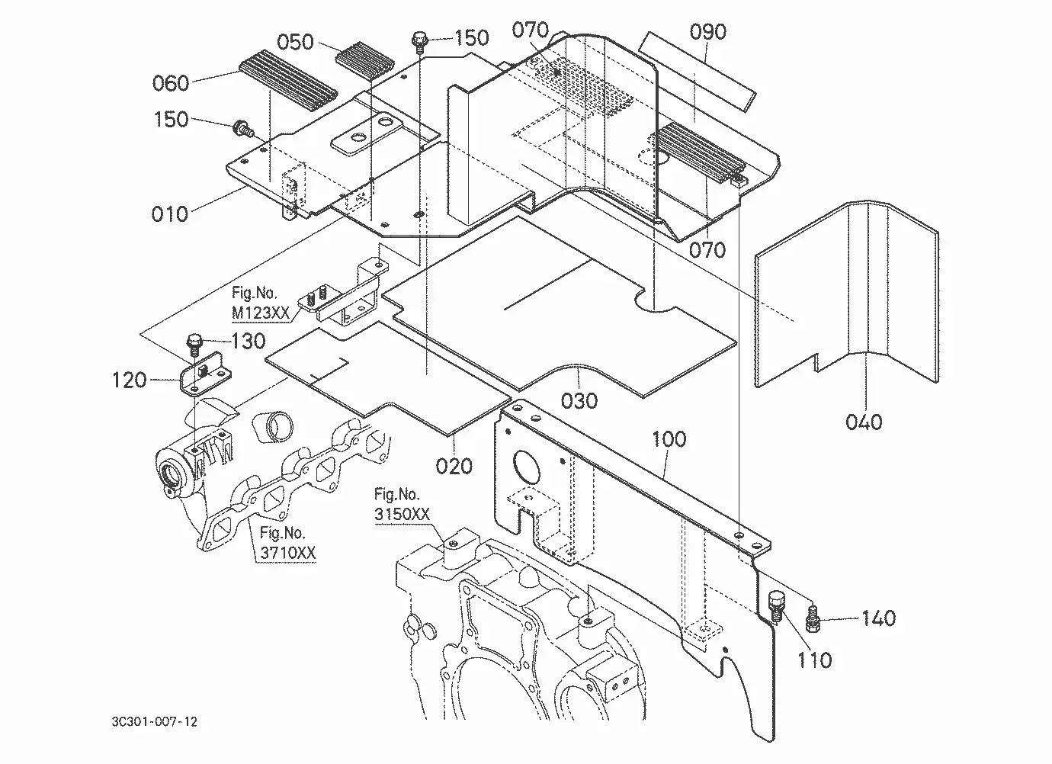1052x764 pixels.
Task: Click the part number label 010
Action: click(x=169, y=214)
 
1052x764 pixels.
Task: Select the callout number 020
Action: click(x=454, y=466)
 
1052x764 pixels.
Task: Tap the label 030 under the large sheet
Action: click(x=579, y=401)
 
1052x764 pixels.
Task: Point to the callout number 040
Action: click(x=864, y=422)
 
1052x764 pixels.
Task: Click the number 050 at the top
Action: click(x=295, y=42)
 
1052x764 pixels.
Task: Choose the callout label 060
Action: click(x=171, y=83)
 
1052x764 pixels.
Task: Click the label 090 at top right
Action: click(x=707, y=31)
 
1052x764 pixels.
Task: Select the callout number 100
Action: click(x=669, y=439)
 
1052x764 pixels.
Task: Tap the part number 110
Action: click(x=815, y=660)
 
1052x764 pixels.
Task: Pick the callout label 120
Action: click(x=129, y=380)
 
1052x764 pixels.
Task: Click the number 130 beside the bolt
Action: click(x=249, y=341)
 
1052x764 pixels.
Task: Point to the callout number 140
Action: click(x=878, y=618)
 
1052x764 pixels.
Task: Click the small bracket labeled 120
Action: click(x=205, y=374)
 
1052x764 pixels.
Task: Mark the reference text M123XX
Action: click(x=261, y=313)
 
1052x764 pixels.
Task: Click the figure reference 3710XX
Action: click(x=288, y=553)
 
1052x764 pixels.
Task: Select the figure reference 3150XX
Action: click(x=402, y=514)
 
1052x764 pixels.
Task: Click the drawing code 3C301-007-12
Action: click(x=155, y=722)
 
